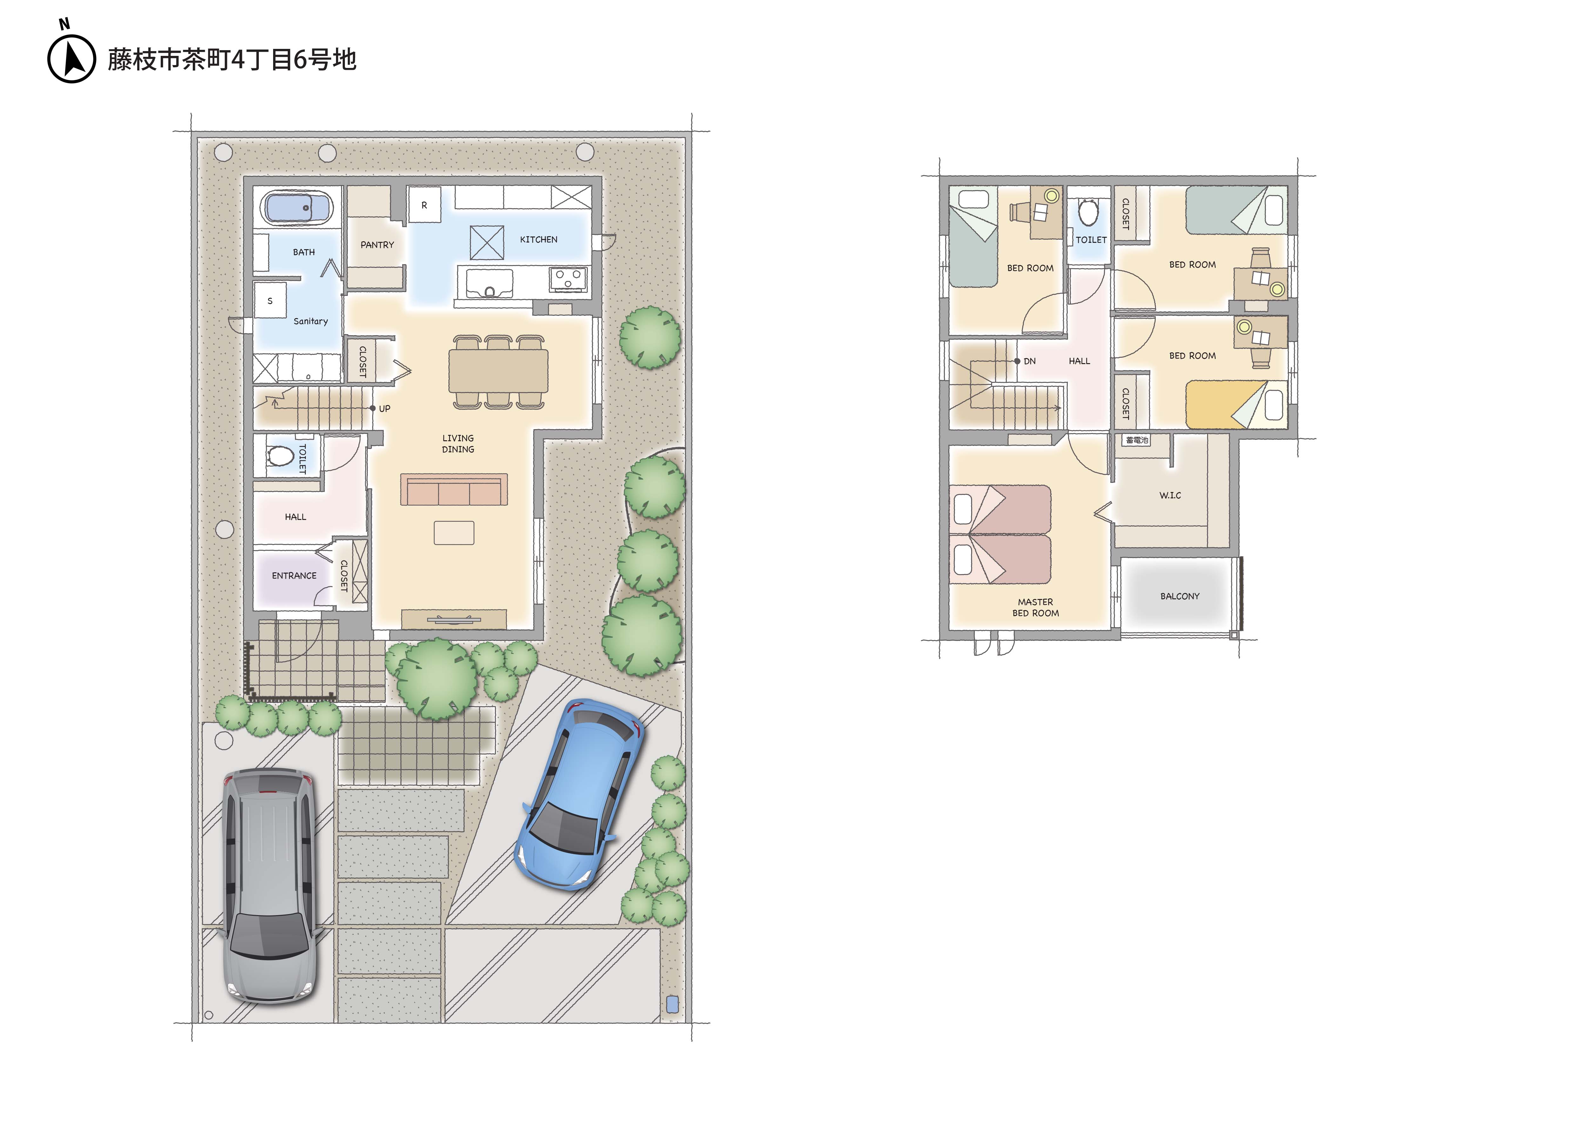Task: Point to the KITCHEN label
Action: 538,239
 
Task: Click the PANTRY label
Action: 377,245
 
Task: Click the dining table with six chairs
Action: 498,372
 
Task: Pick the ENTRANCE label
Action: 294,575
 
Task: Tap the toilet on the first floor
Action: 280,456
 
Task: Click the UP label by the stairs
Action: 384,409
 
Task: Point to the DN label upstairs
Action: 1030,361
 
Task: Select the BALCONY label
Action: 1180,596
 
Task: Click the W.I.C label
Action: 1170,495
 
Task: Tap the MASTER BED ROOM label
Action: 1035,608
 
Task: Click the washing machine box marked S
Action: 270,300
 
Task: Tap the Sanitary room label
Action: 310,321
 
